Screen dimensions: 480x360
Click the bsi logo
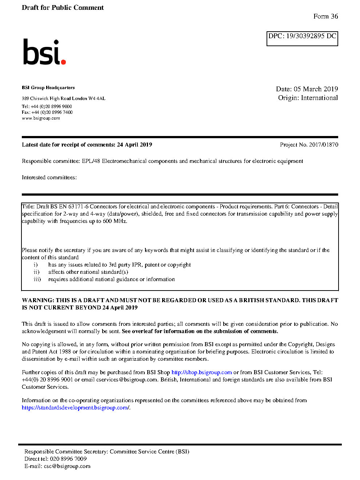pyautogui.click(x=44, y=52)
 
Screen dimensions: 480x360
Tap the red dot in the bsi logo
pyautogui.click(x=64, y=62)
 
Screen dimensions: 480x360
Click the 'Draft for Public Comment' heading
pyautogui.click(x=63, y=8)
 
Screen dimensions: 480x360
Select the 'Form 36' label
pyautogui.click(x=325, y=16)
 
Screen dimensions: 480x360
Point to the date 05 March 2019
pyautogui.click(x=316, y=89)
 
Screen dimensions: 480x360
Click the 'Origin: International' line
pyautogui.click(x=308, y=98)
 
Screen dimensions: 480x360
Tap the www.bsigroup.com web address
pyautogui.click(x=41, y=118)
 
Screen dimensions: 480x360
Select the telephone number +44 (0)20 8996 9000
pyautogui.click(x=51, y=107)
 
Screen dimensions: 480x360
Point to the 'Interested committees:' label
pyautogui.click(x=49, y=177)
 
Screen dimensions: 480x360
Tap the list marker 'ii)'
pyautogui.click(x=36, y=272)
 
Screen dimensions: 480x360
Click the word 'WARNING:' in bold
pyautogui.click(x=38, y=300)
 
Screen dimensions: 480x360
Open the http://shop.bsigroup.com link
pyautogui.click(x=201, y=372)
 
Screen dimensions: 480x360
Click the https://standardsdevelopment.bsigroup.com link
pyautogui.click(x=75, y=408)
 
